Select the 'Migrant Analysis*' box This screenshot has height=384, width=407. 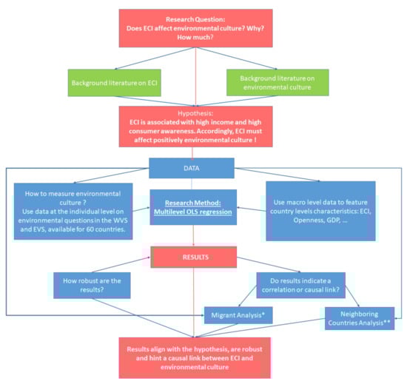point(240,316)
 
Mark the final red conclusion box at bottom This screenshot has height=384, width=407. point(203,356)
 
